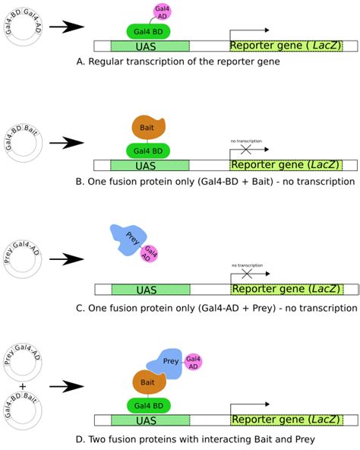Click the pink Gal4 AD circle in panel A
point(162,11)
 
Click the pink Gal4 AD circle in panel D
point(193,361)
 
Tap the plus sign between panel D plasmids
point(22,387)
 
